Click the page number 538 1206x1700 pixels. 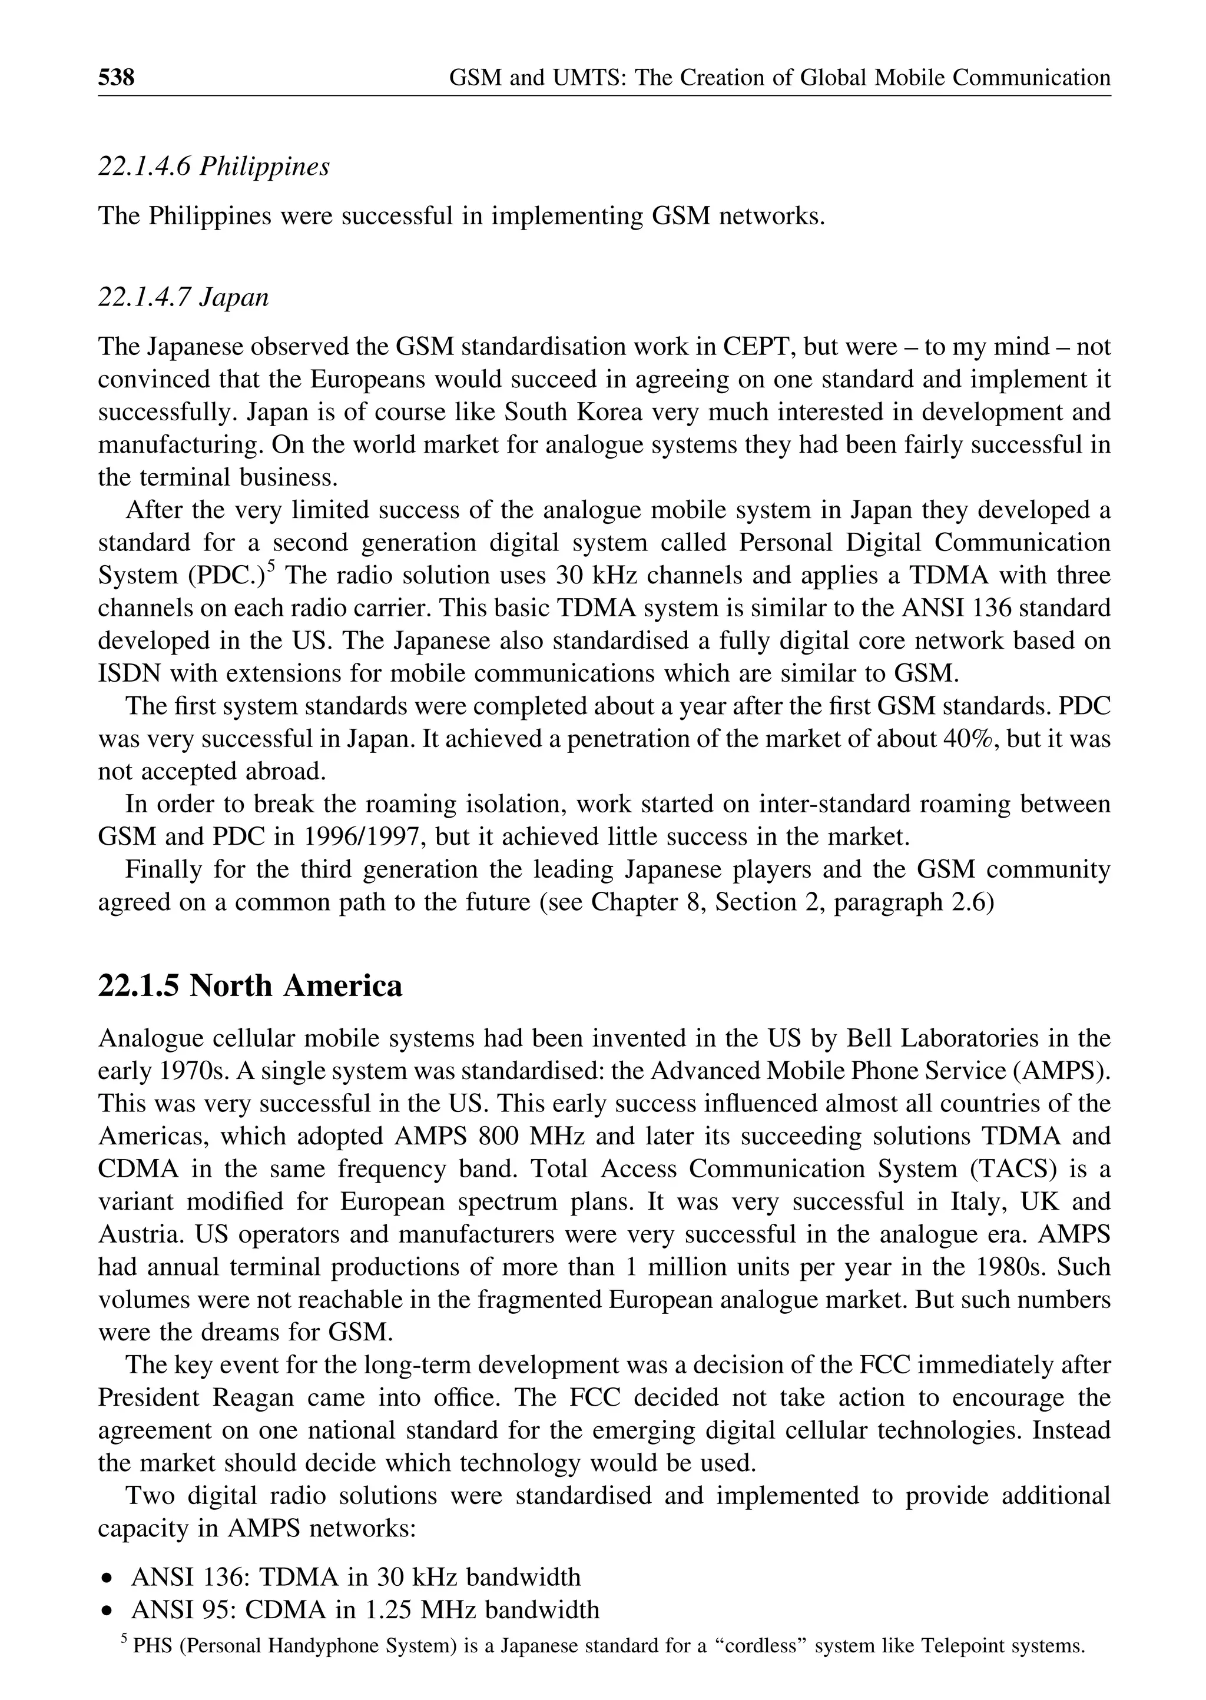coord(116,77)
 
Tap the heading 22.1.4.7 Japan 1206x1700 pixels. coord(183,298)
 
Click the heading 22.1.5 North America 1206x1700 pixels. coord(250,986)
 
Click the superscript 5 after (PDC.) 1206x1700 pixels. coord(271,566)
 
